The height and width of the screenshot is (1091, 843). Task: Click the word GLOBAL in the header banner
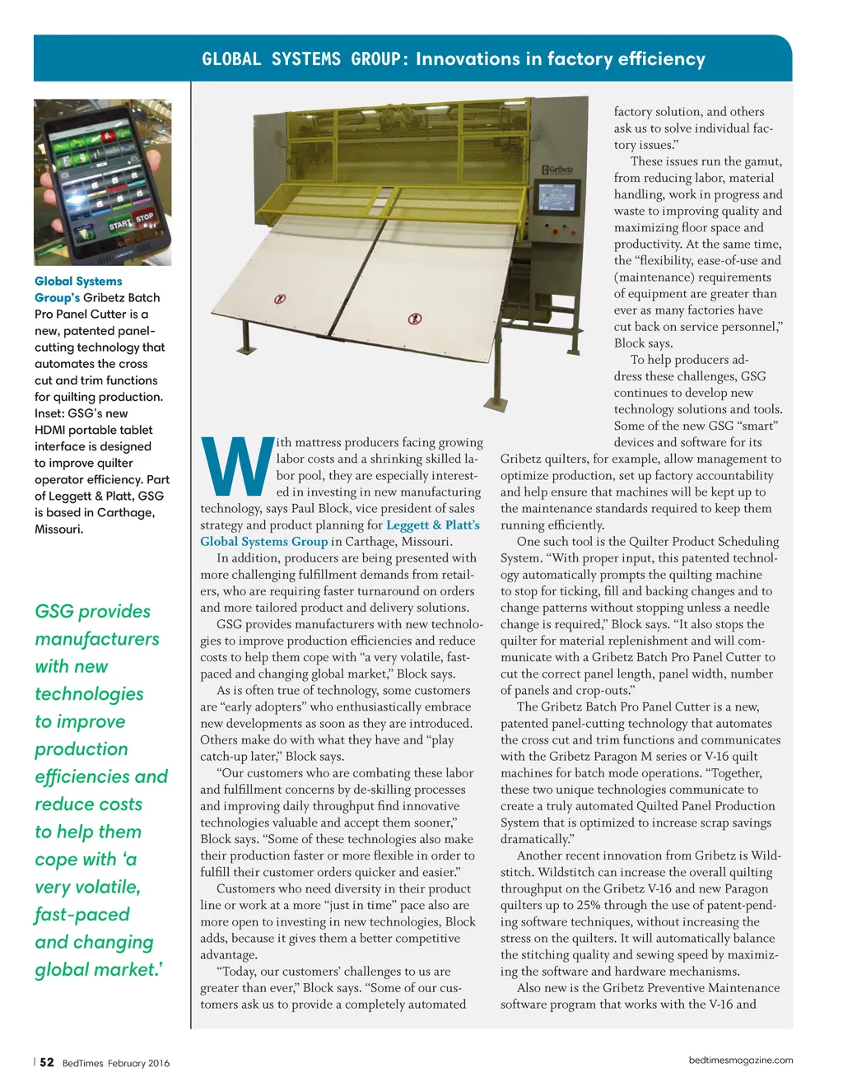pyautogui.click(x=231, y=59)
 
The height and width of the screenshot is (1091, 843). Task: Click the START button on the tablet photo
pyautogui.click(x=120, y=224)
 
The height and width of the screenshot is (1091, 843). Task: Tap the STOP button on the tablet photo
pyautogui.click(x=144, y=217)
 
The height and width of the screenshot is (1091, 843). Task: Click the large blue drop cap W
pyautogui.click(x=237, y=466)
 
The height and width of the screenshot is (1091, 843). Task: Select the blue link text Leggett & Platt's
pyautogui.click(x=433, y=525)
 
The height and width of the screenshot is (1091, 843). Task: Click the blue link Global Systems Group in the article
pyautogui.click(x=264, y=542)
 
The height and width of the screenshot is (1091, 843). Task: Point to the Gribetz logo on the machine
pyautogui.click(x=558, y=169)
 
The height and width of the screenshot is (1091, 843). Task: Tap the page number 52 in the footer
pyautogui.click(x=47, y=1062)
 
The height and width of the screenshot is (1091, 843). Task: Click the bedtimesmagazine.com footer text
pyautogui.click(x=741, y=1061)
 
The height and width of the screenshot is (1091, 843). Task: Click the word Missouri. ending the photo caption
pyautogui.click(x=58, y=529)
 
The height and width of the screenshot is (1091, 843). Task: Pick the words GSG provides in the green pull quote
pyautogui.click(x=93, y=612)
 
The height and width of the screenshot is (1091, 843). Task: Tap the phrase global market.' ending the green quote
pyautogui.click(x=99, y=970)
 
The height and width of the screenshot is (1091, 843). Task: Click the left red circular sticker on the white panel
pyautogui.click(x=280, y=299)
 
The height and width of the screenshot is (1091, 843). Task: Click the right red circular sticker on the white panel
pyautogui.click(x=416, y=318)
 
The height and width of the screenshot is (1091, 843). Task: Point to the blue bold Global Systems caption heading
pyautogui.click(x=78, y=282)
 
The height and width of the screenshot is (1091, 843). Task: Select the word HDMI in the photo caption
pyautogui.click(x=53, y=430)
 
